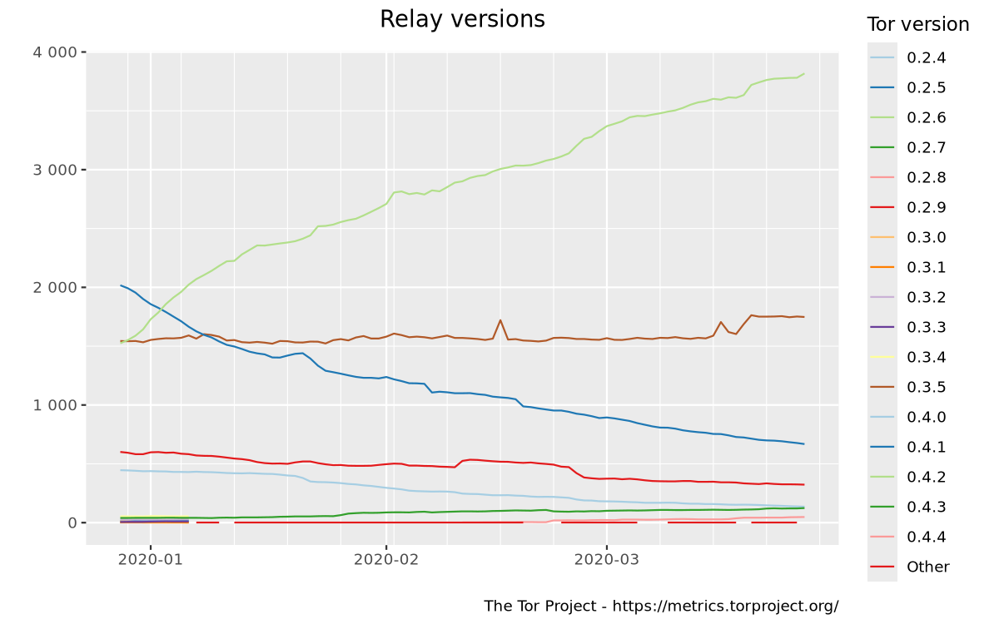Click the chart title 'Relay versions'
pyautogui.click(x=462, y=19)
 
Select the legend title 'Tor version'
pyautogui.click(x=917, y=24)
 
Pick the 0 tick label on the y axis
pyautogui.click(x=72, y=522)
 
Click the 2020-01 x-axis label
pyautogui.click(x=151, y=560)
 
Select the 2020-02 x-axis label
pyautogui.click(x=386, y=560)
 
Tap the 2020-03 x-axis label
pyautogui.click(x=607, y=560)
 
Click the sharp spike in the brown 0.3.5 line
pyautogui.click(x=499, y=320)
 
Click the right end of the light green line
pyautogui.click(x=803, y=73)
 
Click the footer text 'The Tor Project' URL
pyautogui.click(x=661, y=606)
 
